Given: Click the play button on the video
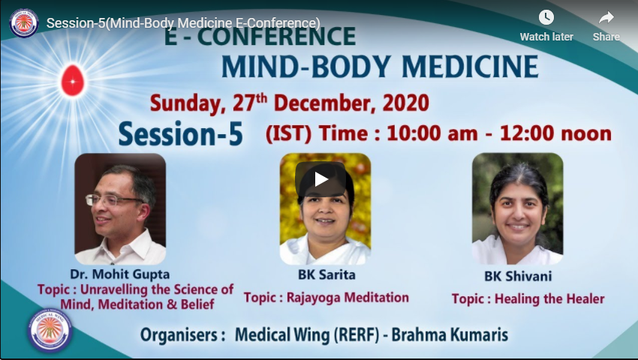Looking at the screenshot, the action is [321, 179].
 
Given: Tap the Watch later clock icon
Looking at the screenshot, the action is [546, 17].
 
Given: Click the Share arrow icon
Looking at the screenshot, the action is [606, 18].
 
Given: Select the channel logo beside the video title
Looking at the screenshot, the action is [24, 23].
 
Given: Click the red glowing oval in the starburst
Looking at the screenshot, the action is [73, 80].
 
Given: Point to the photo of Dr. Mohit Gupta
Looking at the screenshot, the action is [120, 209].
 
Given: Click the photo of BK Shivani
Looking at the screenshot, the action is [517, 209].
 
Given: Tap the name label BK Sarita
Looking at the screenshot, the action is [327, 274].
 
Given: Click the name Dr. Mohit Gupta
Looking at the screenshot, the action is [119, 274].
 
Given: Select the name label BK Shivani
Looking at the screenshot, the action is [518, 276].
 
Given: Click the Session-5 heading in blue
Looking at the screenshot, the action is [181, 133].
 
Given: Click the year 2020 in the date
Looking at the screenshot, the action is [405, 103].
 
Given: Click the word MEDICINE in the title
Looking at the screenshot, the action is [471, 67].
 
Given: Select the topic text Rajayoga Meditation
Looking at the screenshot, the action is [348, 298].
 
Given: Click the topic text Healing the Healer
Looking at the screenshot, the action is [549, 299].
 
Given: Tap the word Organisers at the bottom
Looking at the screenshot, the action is [182, 335].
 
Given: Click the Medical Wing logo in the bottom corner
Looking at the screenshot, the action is [50, 330].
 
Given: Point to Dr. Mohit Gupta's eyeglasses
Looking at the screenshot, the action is [113, 199].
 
